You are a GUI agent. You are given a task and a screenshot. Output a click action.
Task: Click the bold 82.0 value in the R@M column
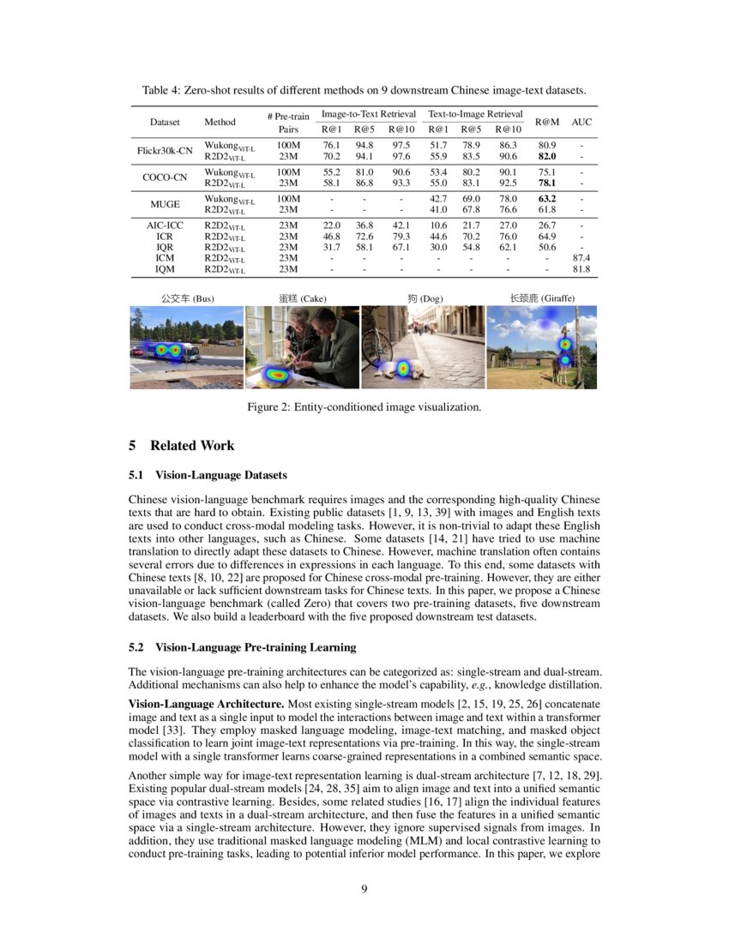pyautogui.click(x=546, y=157)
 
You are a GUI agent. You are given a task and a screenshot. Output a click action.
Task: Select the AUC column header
pyautogui.click(x=581, y=122)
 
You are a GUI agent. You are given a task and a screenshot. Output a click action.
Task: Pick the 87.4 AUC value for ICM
pyautogui.click(x=581, y=257)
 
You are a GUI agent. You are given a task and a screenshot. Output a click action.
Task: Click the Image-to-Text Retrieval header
pyautogui.click(x=368, y=113)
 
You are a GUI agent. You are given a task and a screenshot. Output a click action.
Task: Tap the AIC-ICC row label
pyautogui.click(x=165, y=225)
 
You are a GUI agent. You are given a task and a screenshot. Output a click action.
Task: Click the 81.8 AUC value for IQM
pyautogui.click(x=581, y=269)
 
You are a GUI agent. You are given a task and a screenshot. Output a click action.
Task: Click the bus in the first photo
pyautogui.click(x=168, y=351)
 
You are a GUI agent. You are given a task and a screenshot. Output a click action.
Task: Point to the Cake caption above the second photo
pyautogui.click(x=302, y=298)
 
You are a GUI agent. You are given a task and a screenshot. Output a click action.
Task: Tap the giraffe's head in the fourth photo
pyautogui.click(x=566, y=343)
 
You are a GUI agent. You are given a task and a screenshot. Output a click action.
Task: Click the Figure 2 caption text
pyautogui.click(x=364, y=406)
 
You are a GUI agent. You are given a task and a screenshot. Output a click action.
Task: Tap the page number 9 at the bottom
pyautogui.click(x=364, y=888)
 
